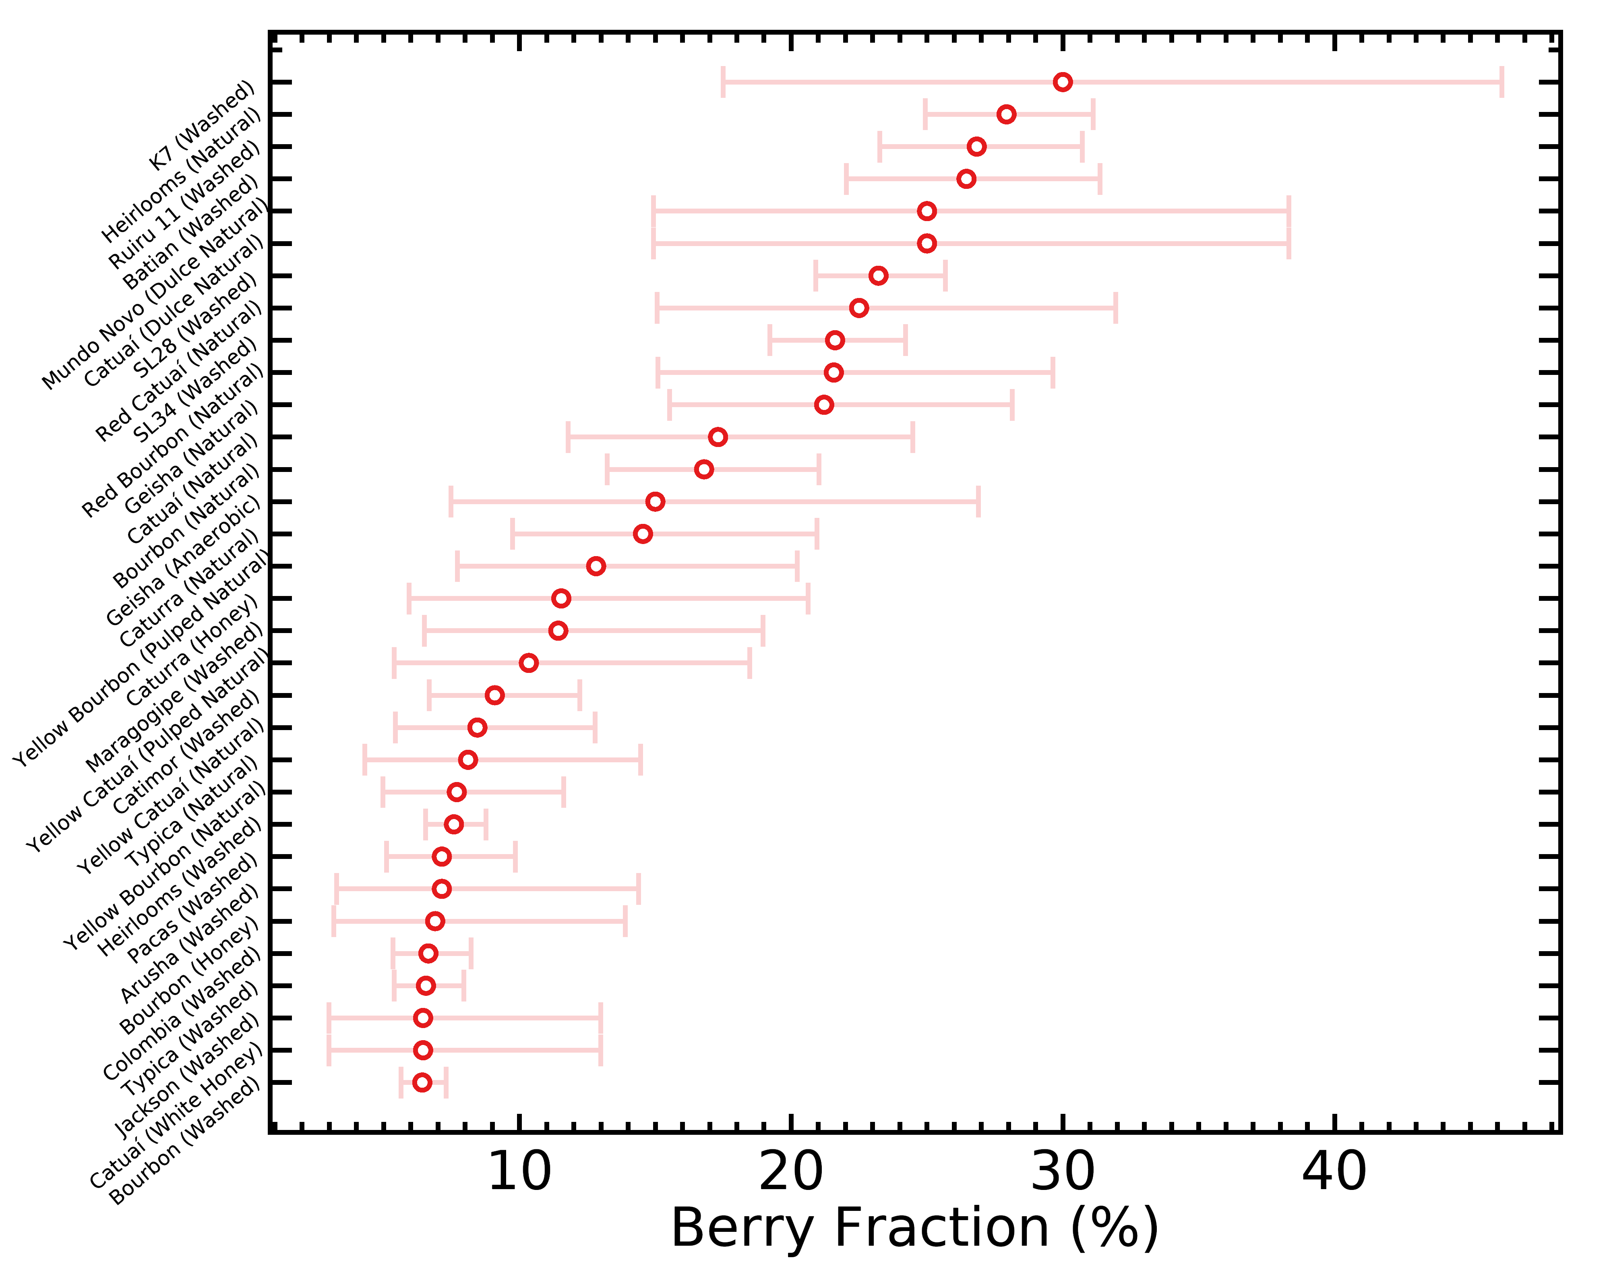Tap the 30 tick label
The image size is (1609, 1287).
[x=1063, y=1172]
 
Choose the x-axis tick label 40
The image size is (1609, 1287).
[x=1334, y=1172]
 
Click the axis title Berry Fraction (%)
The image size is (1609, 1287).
[x=914, y=1229]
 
